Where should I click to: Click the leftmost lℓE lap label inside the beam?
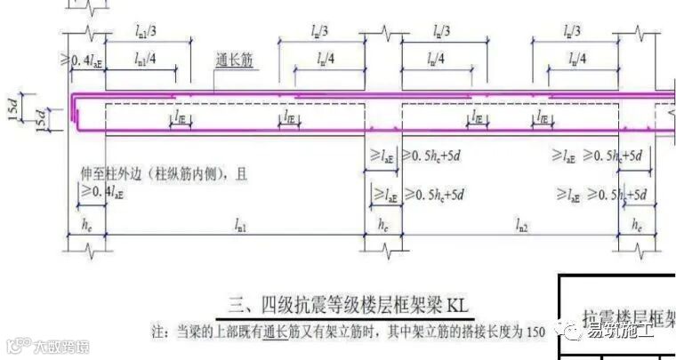(180, 117)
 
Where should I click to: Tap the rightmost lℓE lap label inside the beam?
(541, 117)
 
